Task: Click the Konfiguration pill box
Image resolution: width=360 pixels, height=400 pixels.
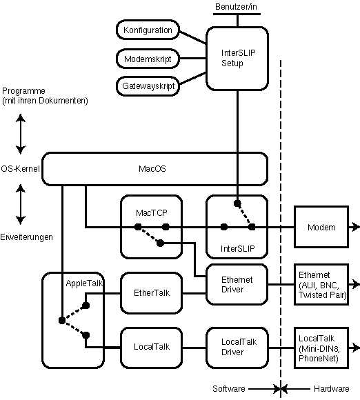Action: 148,30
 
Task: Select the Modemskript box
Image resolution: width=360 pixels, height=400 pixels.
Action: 148,59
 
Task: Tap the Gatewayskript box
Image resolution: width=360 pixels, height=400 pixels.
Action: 148,86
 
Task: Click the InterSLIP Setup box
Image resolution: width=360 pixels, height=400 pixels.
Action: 237,59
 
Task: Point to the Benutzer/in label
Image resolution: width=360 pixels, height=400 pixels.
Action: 236,7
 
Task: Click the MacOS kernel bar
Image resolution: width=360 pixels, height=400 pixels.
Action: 154,169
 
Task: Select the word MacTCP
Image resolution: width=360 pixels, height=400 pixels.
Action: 152,212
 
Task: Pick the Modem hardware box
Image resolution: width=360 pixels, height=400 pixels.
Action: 321,227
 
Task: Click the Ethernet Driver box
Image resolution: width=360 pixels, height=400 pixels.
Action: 237,284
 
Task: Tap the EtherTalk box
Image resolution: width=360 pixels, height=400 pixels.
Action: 152,293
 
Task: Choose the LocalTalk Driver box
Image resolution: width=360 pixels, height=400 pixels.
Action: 237,348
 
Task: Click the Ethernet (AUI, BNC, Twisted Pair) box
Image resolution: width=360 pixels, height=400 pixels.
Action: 321,284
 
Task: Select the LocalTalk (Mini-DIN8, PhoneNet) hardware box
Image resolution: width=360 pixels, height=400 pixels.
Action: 321,348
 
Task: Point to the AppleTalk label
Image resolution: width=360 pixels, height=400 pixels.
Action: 84,283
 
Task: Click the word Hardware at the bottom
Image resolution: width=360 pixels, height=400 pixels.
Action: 332,388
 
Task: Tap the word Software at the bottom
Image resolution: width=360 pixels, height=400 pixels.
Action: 229,388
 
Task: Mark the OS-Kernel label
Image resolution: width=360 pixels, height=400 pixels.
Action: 20,169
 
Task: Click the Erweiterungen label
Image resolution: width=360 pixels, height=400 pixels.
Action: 26,237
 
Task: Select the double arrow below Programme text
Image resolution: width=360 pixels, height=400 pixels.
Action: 21,134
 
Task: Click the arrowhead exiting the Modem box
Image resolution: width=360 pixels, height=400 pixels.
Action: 355,227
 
